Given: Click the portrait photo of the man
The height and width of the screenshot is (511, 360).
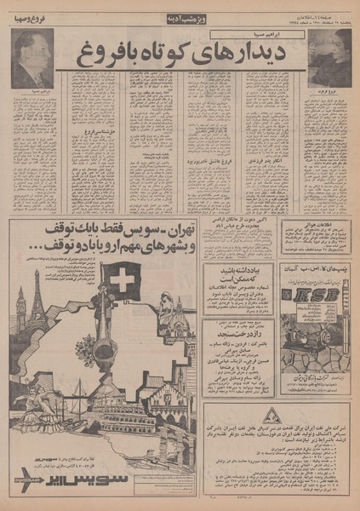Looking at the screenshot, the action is pos(31,58).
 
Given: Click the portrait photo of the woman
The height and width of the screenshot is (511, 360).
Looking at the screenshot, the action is pos(329,58).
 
